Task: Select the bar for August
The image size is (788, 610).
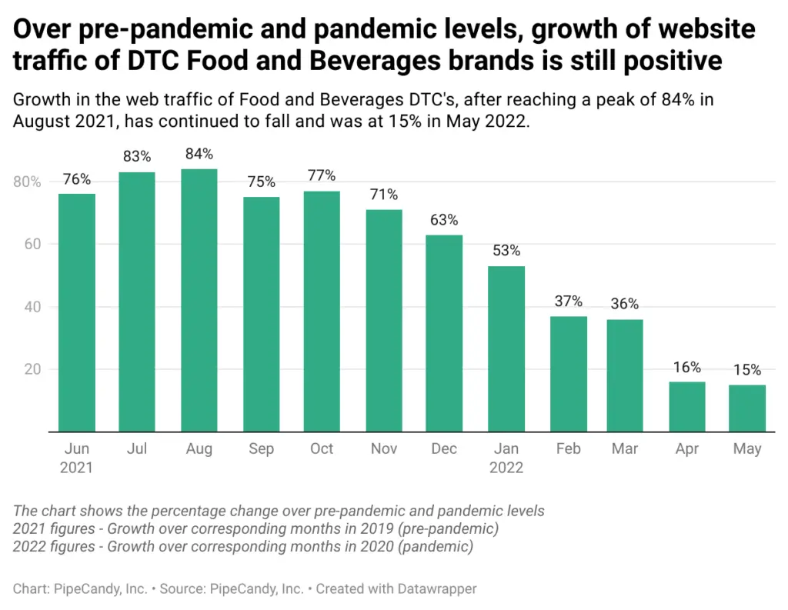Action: click(199, 300)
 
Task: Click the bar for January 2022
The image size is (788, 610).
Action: click(506, 348)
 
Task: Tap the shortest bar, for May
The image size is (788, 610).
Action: click(746, 408)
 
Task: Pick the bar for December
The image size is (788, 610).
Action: click(444, 333)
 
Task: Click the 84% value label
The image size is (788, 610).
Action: click(199, 155)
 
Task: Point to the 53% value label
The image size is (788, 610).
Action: click(506, 252)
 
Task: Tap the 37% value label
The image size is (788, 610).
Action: click(568, 302)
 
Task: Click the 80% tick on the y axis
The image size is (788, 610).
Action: click(27, 182)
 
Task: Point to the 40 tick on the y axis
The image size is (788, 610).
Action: click(32, 308)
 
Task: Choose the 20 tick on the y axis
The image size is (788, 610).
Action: click(32, 370)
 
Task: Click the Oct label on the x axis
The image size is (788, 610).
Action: click(322, 449)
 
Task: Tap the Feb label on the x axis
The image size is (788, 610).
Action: click(568, 449)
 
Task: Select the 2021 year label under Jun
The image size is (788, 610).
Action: click(76, 468)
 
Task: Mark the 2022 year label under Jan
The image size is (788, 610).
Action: click(506, 468)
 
